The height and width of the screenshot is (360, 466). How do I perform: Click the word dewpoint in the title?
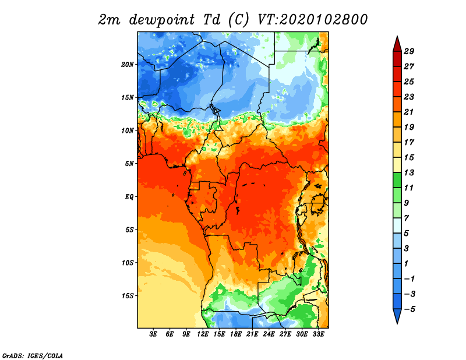[x=162, y=20]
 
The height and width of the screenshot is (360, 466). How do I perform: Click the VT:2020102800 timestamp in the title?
[x=312, y=20]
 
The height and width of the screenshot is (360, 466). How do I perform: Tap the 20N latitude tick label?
[x=128, y=65]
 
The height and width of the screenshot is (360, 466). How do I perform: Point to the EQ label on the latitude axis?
[x=129, y=197]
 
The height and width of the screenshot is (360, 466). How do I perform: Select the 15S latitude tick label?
[x=128, y=296]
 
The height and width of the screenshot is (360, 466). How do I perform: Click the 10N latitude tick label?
[x=128, y=130]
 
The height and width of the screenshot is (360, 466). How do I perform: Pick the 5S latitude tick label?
[x=129, y=230]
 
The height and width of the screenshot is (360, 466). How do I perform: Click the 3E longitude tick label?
[x=153, y=334]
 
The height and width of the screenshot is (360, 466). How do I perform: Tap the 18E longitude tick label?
[x=236, y=334]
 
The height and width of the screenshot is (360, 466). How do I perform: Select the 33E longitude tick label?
[x=318, y=334]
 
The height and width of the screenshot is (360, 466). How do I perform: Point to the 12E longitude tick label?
[x=203, y=334]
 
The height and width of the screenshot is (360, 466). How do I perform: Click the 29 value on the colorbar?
[x=409, y=51]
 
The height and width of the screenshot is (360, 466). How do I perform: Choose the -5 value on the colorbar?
[x=409, y=309]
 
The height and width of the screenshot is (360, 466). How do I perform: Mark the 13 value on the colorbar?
[x=409, y=172]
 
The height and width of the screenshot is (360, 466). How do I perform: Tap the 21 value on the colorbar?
[x=409, y=112]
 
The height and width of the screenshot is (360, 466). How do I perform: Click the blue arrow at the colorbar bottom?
[x=397, y=316]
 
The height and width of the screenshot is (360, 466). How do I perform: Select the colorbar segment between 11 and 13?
[x=397, y=180]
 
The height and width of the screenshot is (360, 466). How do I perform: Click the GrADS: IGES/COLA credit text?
[x=33, y=355]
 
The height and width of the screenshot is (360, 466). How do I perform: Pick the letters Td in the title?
[x=211, y=20]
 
